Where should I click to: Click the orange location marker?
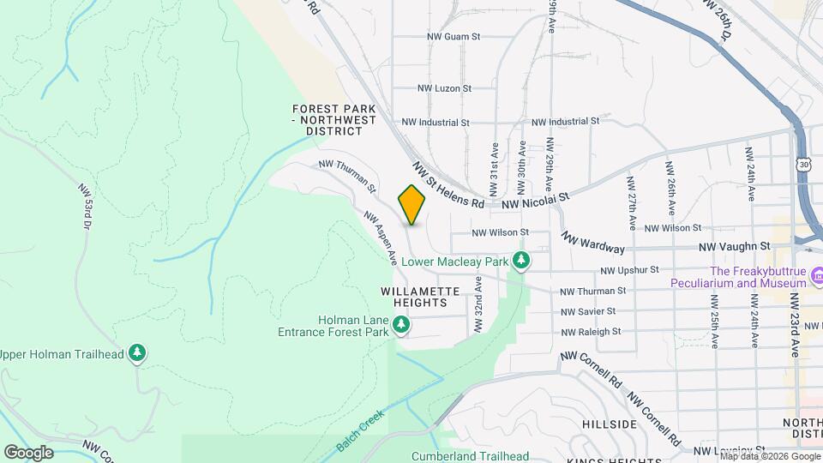coord(411,205)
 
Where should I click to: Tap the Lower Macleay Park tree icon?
coord(520,259)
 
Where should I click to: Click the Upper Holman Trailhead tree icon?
coord(137,352)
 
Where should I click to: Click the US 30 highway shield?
coord(802,163)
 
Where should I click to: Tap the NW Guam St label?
coord(454,37)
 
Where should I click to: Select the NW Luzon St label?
coord(444,88)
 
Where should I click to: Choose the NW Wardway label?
coord(592,242)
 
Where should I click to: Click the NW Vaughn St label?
coord(730,247)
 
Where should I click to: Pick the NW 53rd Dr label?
coord(85,205)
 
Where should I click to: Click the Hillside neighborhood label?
coord(609,424)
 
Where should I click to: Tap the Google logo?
coord(28,452)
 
